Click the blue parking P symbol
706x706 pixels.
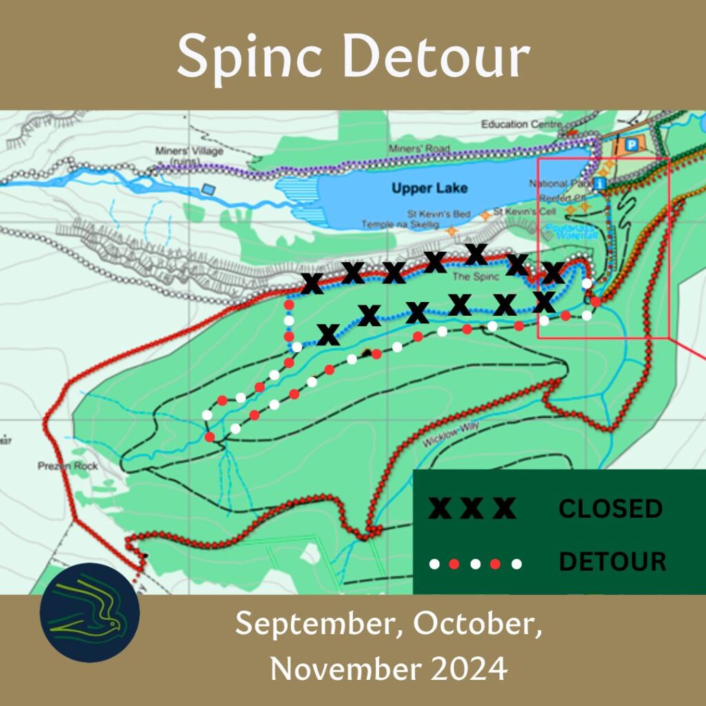pyautogui.click(x=631, y=145)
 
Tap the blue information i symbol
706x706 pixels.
pyautogui.click(x=600, y=183)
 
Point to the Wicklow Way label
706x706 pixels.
pyautogui.click(x=451, y=436)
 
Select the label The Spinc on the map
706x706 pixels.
pyautogui.click(x=470, y=277)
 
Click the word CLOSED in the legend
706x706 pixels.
pyautogui.click(x=610, y=509)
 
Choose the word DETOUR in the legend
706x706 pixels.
pyautogui.click(x=612, y=562)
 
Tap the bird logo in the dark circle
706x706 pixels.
pyautogui.click(x=90, y=612)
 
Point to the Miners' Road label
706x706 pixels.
pyautogui.click(x=418, y=148)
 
